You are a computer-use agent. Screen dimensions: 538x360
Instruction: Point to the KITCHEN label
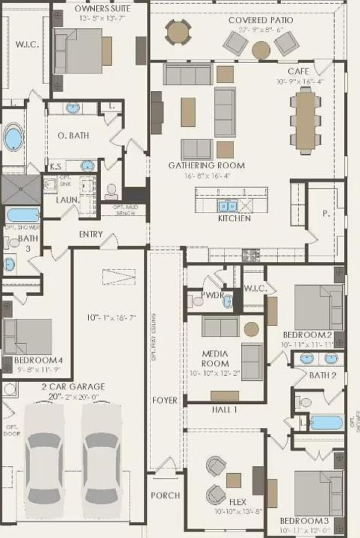[x=234, y=218]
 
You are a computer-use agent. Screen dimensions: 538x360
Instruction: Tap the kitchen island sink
[x=228, y=205]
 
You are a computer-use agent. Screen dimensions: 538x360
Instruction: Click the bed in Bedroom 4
[x=28, y=336]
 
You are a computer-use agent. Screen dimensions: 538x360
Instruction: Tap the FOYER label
[x=164, y=401]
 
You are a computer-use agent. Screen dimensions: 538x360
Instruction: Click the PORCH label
[x=165, y=495]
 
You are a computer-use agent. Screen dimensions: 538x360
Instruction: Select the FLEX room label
[x=238, y=502]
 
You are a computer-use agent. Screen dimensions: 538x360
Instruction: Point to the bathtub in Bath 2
[x=326, y=422]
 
